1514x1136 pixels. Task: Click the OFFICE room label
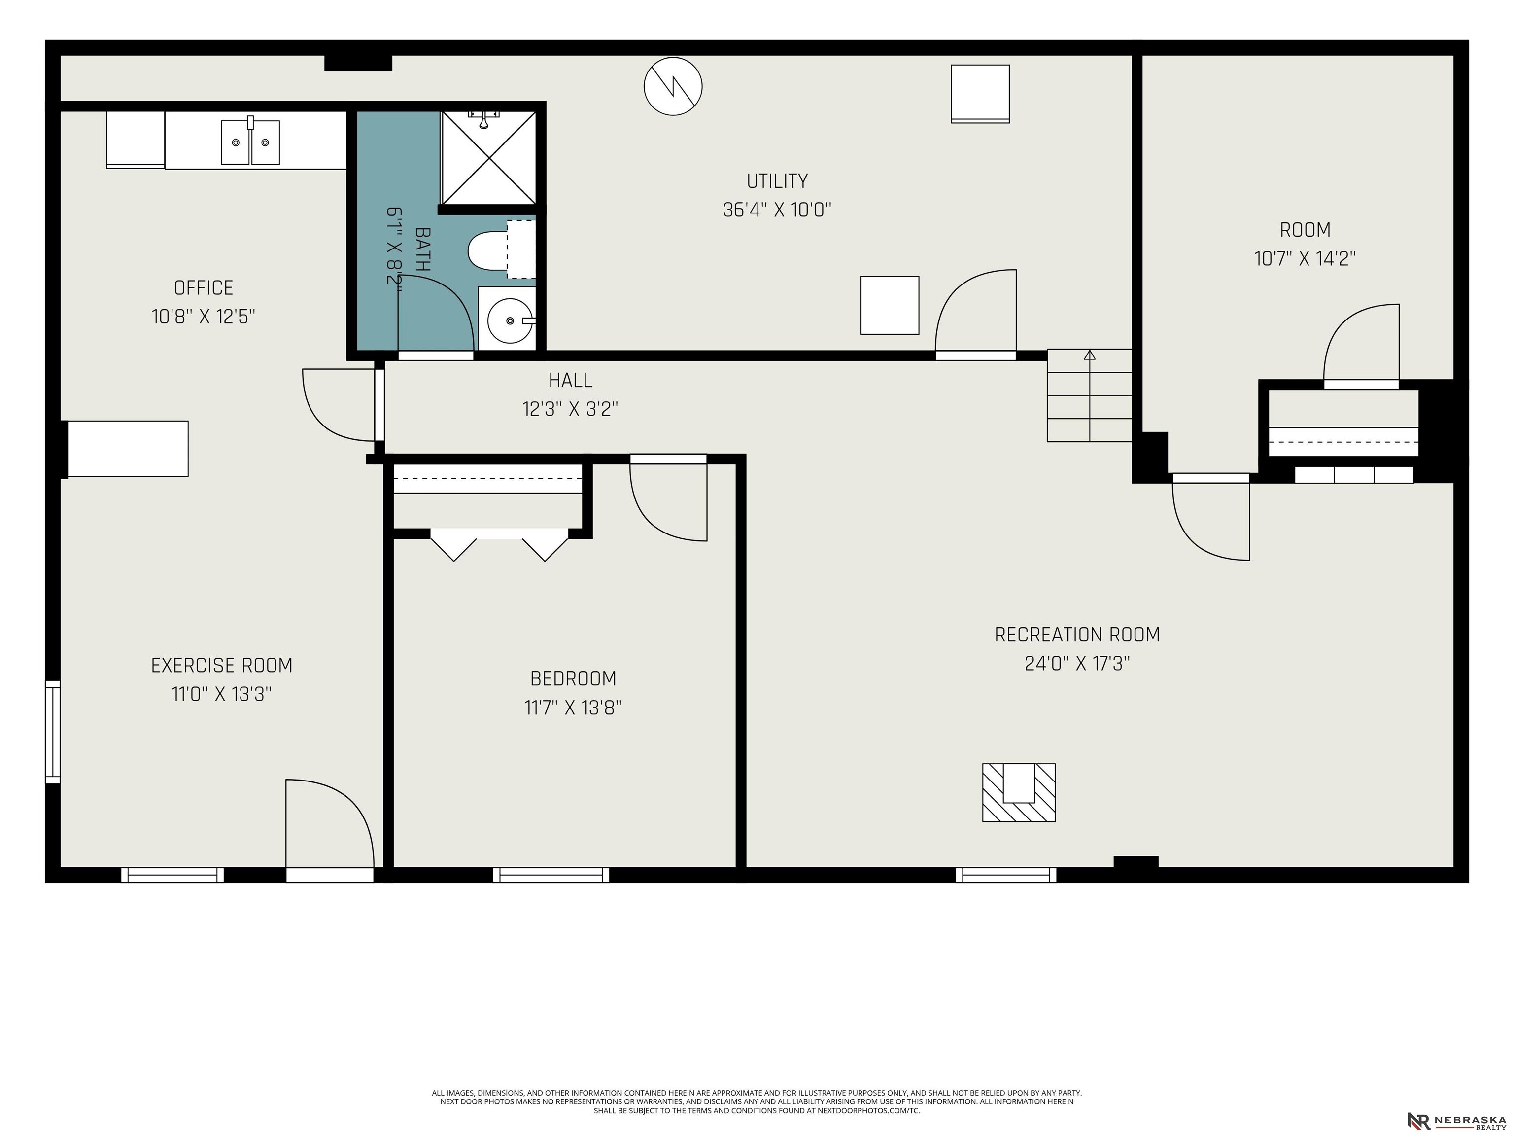(x=203, y=287)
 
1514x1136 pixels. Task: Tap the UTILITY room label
(x=777, y=181)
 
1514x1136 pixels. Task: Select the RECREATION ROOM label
(x=1077, y=635)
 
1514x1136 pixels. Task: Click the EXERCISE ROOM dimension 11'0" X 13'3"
(x=221, y=694)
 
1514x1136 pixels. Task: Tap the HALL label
(x=570, y=380)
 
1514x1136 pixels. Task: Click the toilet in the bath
(x=501, y=250)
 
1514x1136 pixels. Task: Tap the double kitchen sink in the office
(x=250, y=142)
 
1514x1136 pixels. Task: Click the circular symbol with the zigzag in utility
(x=673, y=86)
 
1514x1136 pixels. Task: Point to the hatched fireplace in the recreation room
(x=1019, y=792)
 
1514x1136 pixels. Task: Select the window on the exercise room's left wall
(x=53, y=731)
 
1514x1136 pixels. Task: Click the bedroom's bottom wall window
(x=551, y=874)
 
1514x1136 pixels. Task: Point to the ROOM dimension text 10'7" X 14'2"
(x=1305, y=259)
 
